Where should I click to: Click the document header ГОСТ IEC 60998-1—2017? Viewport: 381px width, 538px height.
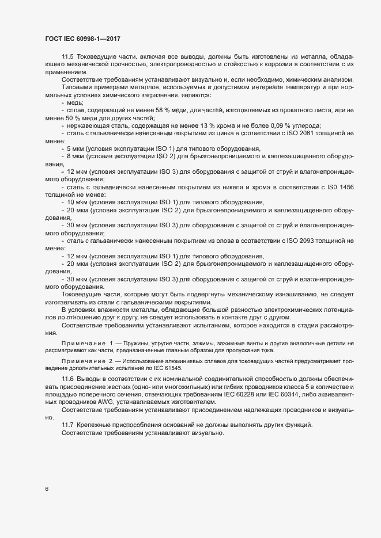point(83,38)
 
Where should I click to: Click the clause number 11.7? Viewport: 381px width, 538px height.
point(68,425)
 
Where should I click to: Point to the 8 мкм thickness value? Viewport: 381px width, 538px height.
point(75,157)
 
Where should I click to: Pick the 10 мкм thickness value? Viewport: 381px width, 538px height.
point(77,203)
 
